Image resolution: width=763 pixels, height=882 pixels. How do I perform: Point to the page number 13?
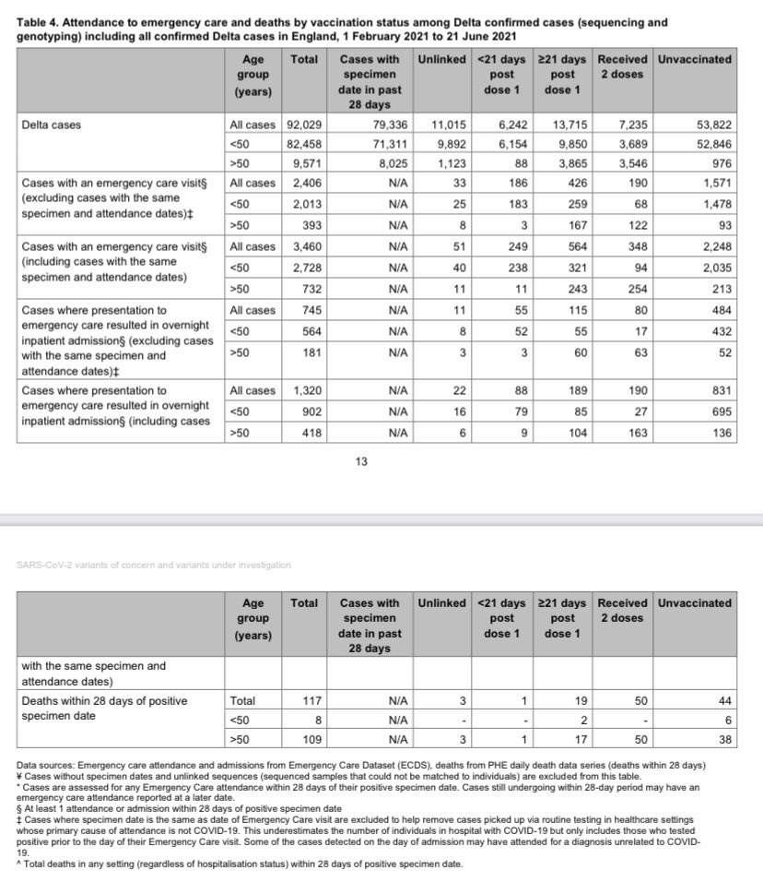click(x=362, y=461)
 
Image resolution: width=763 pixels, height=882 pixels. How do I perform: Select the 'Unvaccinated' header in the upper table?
click(x=694, y=59)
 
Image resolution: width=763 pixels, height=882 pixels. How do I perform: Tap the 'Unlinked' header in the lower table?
click(x=441, y=602)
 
